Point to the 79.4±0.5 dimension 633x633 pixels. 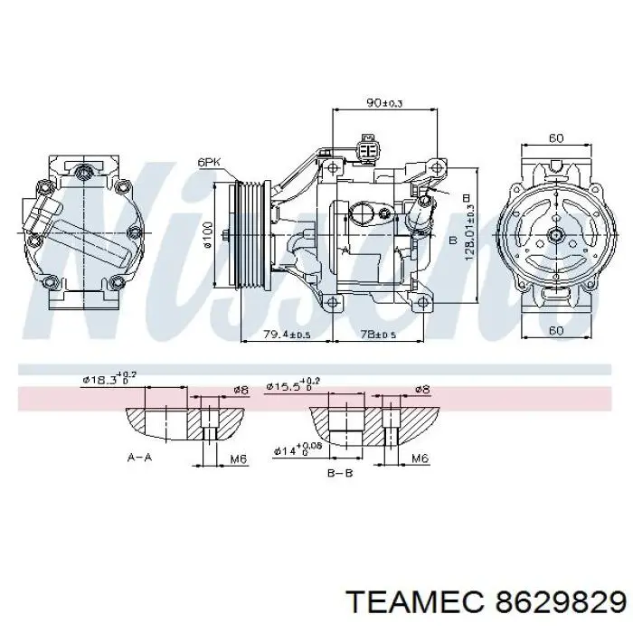click(286, 334)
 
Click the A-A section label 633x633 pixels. click(139, 458)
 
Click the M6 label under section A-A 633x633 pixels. click(239, 459)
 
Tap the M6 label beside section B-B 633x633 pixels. click(420, 459)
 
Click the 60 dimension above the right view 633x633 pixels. click(556, 137)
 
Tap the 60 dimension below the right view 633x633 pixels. click(556, 331)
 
